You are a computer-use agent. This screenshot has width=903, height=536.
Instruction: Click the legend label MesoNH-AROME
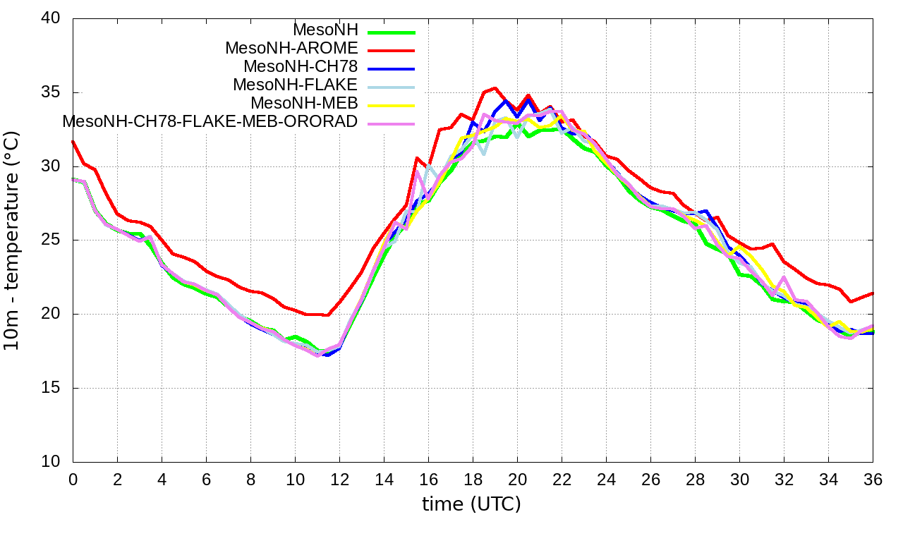[x=291, y=48]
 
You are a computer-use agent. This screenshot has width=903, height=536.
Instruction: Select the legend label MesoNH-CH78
[x=301, y=66]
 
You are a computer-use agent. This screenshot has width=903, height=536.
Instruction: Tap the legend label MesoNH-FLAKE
[x=296, y=85]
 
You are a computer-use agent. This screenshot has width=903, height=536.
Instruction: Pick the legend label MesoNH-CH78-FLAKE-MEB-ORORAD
[x=210, y=121]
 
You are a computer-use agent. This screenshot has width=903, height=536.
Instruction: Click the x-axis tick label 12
[x=339, y=479]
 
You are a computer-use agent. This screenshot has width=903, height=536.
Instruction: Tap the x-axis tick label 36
[x=873, y=479]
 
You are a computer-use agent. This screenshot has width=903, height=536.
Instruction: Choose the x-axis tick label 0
[x=73, y=479]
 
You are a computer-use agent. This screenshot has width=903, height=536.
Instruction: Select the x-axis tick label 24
[x=606, y=479]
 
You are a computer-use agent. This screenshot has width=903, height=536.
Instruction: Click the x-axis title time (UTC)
[x=471, y=504]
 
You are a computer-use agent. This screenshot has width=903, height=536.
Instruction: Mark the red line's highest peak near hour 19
[x=495, y=88]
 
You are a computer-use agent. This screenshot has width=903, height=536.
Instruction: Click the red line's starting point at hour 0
[x=73, y=141]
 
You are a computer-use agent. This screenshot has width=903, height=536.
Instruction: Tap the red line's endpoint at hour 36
[x=873, y=293]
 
